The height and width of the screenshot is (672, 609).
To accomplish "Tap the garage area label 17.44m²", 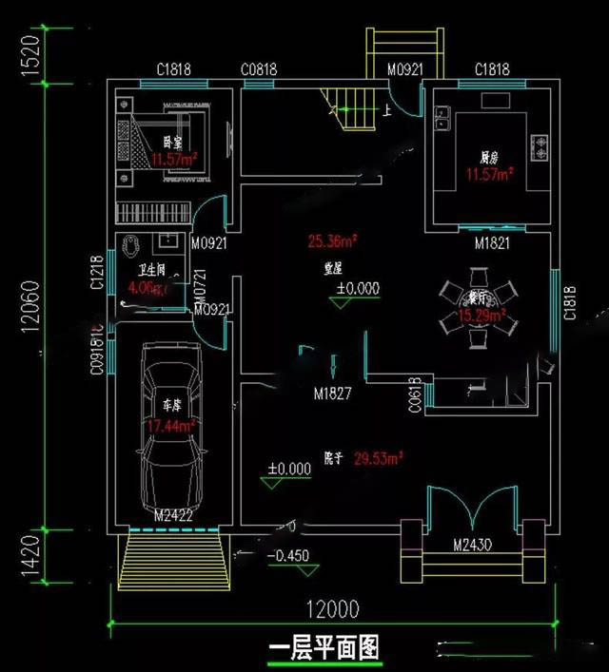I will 171,426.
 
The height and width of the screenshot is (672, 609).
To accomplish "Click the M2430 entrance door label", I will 473,545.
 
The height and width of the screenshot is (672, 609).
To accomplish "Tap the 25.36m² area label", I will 331,240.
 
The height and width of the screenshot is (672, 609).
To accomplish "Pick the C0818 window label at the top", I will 259,69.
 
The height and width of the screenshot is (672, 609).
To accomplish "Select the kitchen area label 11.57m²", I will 489,175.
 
